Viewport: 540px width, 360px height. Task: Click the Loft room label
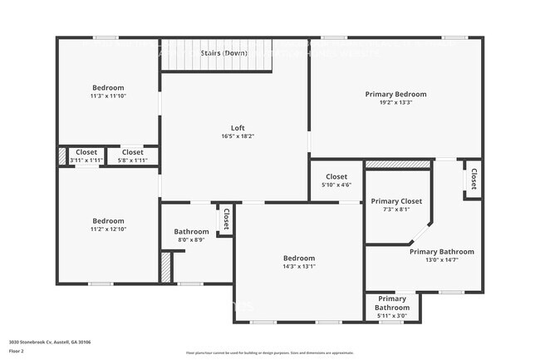pyautogui.click(x=237, y=127)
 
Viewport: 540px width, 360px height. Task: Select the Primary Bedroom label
pyautogui.click(x=395, y=94)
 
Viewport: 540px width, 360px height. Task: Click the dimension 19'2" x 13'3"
pyautogui.click(x=395, y=103)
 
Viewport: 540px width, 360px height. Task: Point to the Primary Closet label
pyautogui.click(x=396, y=201)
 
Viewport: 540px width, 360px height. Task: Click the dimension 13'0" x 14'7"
pyautogui.click(x=441, y=260)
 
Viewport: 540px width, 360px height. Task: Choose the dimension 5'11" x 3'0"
pyautogui.click(x=392, y=315)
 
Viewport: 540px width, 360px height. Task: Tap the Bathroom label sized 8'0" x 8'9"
pyautogui.click(x=190, y=231)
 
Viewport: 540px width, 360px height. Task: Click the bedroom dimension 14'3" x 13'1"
pyautogui.click(x=298, y=266)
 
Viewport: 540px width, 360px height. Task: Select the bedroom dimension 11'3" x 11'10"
pyautogui.click(x=108, y=96)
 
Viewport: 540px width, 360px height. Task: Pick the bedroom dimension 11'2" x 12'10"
pyautogui.click(x=108, y=229)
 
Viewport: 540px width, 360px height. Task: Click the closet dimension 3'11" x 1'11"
pyautogui.click(x=86, y=160)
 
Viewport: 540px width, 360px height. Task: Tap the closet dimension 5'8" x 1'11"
pyautogui.click(x=133, y=160)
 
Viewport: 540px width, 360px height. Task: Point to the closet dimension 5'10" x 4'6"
pyautogui.click(x=336, y=185)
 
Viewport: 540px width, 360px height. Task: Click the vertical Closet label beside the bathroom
pyautogui.click(x=225, y=219)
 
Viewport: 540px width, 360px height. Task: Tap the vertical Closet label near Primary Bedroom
pyautogui.click(x=474, y=179)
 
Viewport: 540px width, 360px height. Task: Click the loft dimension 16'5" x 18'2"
pyautogui.click(x=237, y=136)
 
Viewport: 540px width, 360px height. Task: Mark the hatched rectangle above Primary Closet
pyautogui.click(x=397, y=165)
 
